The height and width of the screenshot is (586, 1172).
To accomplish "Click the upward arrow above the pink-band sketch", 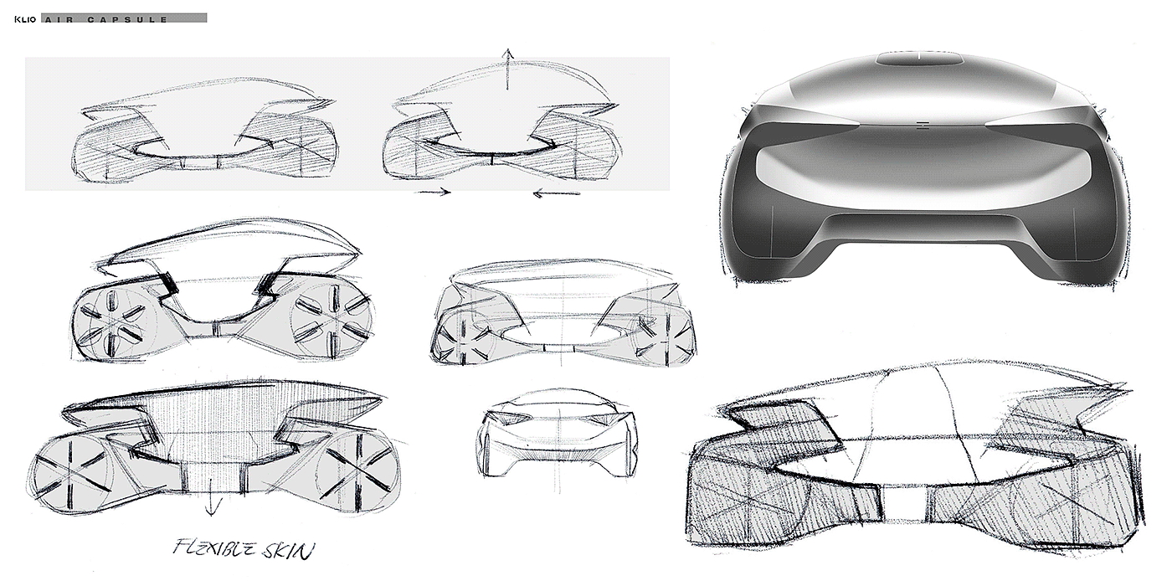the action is coord(506,67).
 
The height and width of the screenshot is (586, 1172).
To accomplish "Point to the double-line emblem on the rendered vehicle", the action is coord(920,126).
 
